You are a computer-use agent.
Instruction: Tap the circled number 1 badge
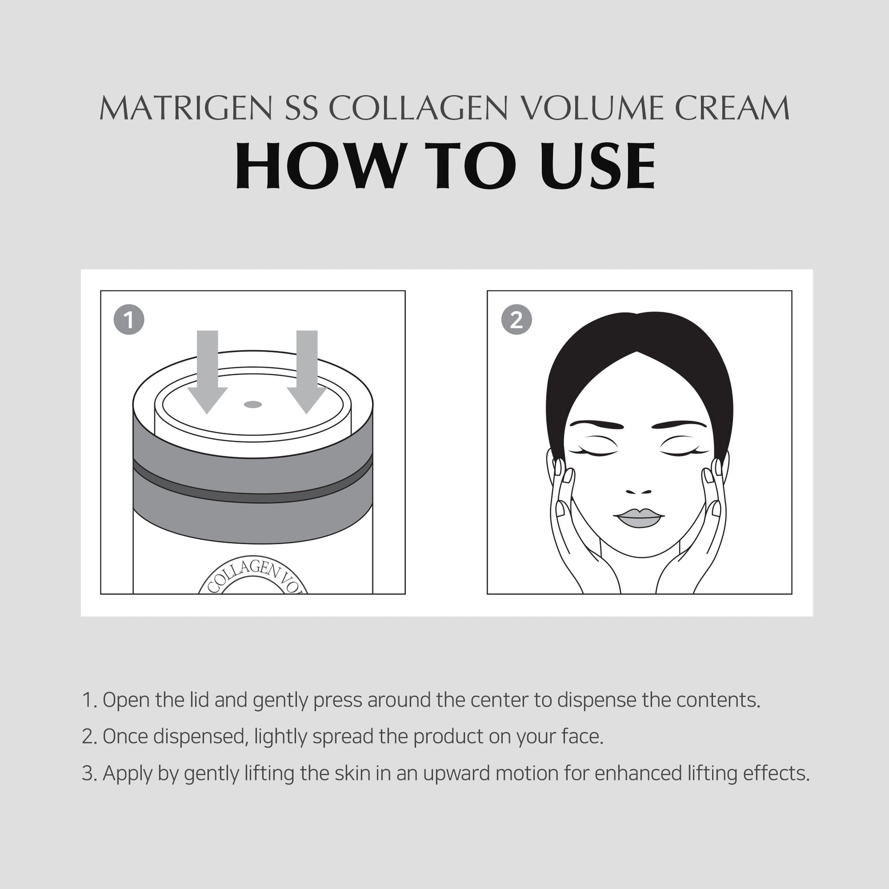pyautogui.click(x=129, y=320)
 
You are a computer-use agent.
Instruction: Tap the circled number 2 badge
pyautogui.click(x=516, y=320)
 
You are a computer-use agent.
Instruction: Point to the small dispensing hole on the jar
pyautogui.click(x=253, y=405)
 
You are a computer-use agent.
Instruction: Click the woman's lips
pyautogui.click(x=639, y=518)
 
